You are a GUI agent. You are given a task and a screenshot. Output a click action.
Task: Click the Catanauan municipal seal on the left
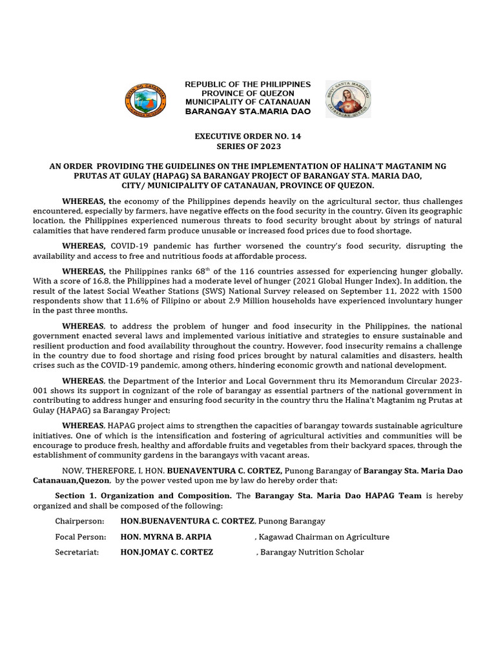[145, 100]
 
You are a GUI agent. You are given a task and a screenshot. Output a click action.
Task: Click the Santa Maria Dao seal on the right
[348, 100]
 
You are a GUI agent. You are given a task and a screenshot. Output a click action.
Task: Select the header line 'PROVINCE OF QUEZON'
[248, 94]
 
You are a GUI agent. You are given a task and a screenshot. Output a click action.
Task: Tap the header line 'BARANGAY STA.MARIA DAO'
[248, 112]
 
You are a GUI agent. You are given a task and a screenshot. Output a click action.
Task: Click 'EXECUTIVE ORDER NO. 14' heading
[248, 137]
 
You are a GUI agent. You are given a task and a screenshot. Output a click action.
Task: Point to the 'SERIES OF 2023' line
[248, 147]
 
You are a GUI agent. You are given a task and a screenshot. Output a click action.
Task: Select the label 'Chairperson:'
[77, 521]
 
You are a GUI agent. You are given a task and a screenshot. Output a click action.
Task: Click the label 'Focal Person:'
[79, 536]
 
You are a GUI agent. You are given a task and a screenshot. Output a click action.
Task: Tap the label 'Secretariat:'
[77, 552]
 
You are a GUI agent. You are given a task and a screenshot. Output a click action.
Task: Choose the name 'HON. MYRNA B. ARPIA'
[166, 536]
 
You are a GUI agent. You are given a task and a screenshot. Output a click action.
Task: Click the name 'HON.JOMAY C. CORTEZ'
[167, 552]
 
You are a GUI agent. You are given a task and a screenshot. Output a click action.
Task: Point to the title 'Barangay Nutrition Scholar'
[312, 552]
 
